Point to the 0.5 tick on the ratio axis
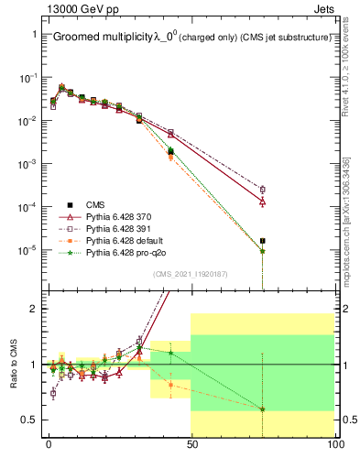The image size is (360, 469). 30,420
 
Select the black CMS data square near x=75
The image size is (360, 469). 262,241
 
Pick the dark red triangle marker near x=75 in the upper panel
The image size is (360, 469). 262,201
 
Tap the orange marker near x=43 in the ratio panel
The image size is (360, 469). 170,385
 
